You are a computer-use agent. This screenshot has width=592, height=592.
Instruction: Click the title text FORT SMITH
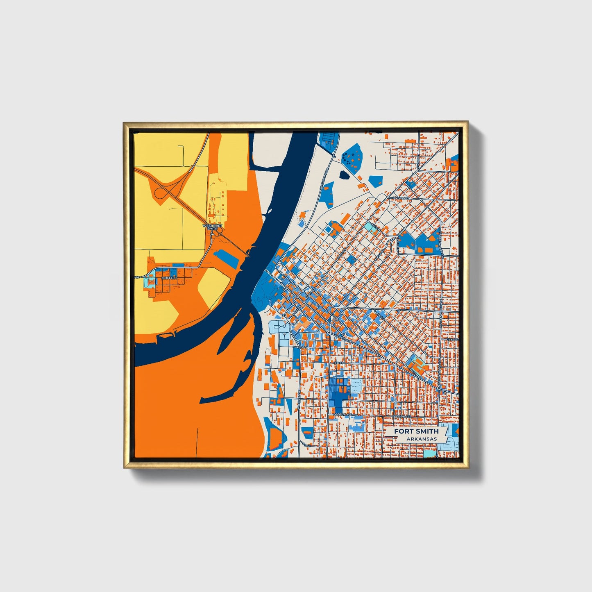[416, 431]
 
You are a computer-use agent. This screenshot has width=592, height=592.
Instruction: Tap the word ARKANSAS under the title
[422, 439]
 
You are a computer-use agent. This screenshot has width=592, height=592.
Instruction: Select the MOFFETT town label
[169, 278]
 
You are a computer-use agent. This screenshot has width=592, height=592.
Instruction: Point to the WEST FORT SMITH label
[213, 227]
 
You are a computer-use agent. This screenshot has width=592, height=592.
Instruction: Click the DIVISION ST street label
[401, 198]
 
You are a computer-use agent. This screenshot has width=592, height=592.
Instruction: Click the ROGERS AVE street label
[343, 338]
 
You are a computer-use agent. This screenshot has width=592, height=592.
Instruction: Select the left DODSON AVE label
[342, 415]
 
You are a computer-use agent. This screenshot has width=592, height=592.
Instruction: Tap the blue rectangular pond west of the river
[226, 259]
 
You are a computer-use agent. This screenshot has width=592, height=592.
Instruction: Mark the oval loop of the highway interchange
[166, 192]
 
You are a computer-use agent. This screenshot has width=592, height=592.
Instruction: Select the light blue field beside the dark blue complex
[356, 385]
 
